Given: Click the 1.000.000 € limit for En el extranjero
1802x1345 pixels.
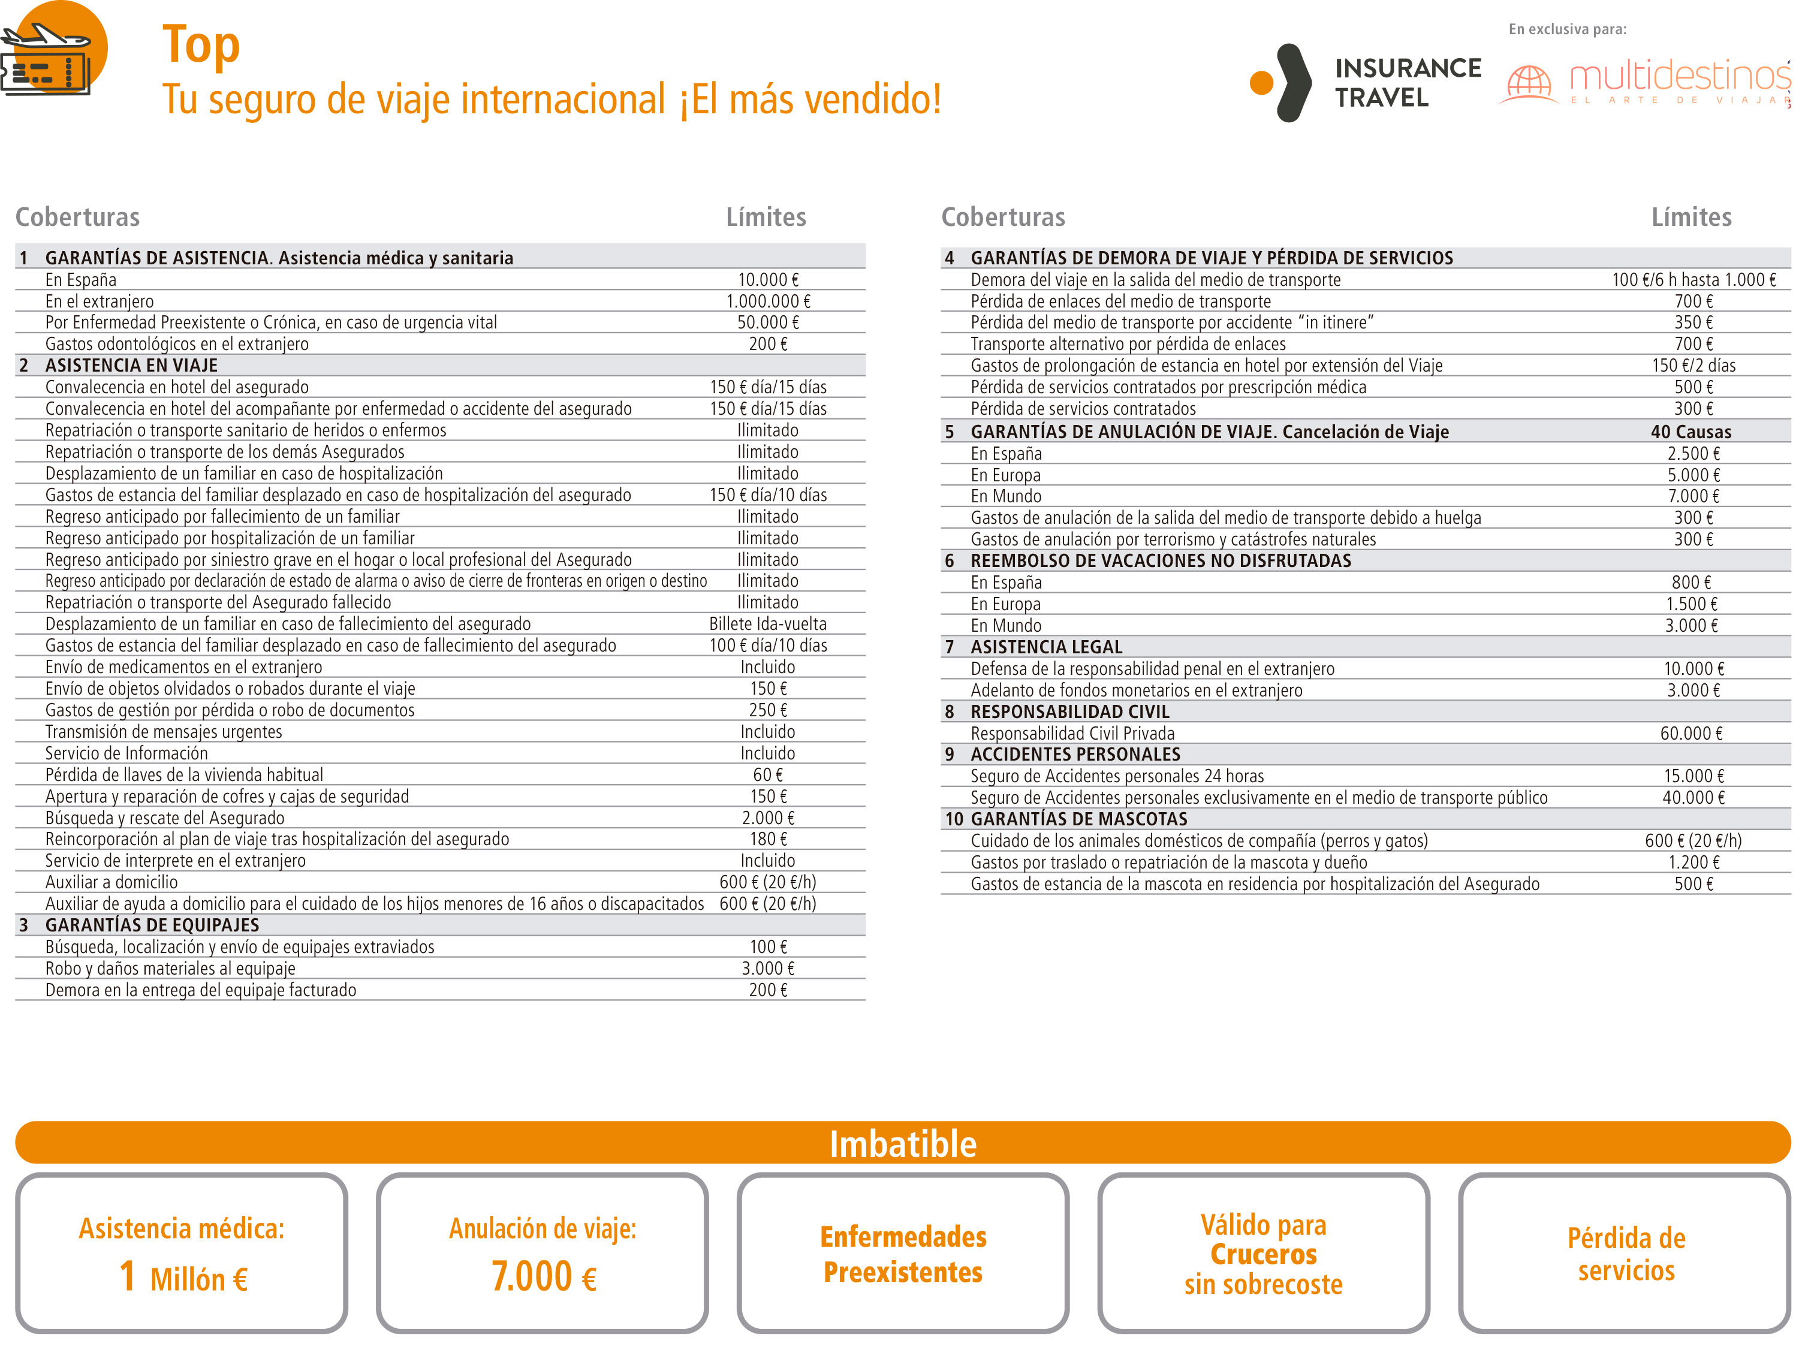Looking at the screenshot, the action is point(767,301).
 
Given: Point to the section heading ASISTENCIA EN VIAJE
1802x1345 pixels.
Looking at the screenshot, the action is point(131,366).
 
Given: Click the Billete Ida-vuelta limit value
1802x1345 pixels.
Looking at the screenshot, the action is point(767,623).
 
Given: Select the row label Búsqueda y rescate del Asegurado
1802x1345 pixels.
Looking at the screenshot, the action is point(164,818).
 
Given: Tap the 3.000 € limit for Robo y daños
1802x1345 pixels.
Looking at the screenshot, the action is point(767,968).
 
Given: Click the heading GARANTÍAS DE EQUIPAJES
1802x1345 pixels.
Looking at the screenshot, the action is point(152,925).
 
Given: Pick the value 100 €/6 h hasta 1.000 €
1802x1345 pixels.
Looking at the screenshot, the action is point(1693,280).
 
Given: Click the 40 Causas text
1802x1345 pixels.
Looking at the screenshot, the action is point(1690,432).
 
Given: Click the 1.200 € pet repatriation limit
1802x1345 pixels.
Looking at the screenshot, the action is point(1693,862).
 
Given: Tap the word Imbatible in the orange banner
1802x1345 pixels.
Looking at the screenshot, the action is point(902,1144).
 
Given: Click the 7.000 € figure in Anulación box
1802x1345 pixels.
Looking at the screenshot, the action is point(543,1277).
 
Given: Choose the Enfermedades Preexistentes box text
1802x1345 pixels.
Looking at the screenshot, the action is point(902,1254).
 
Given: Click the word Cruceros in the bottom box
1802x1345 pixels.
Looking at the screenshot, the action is point(1263,1254).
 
